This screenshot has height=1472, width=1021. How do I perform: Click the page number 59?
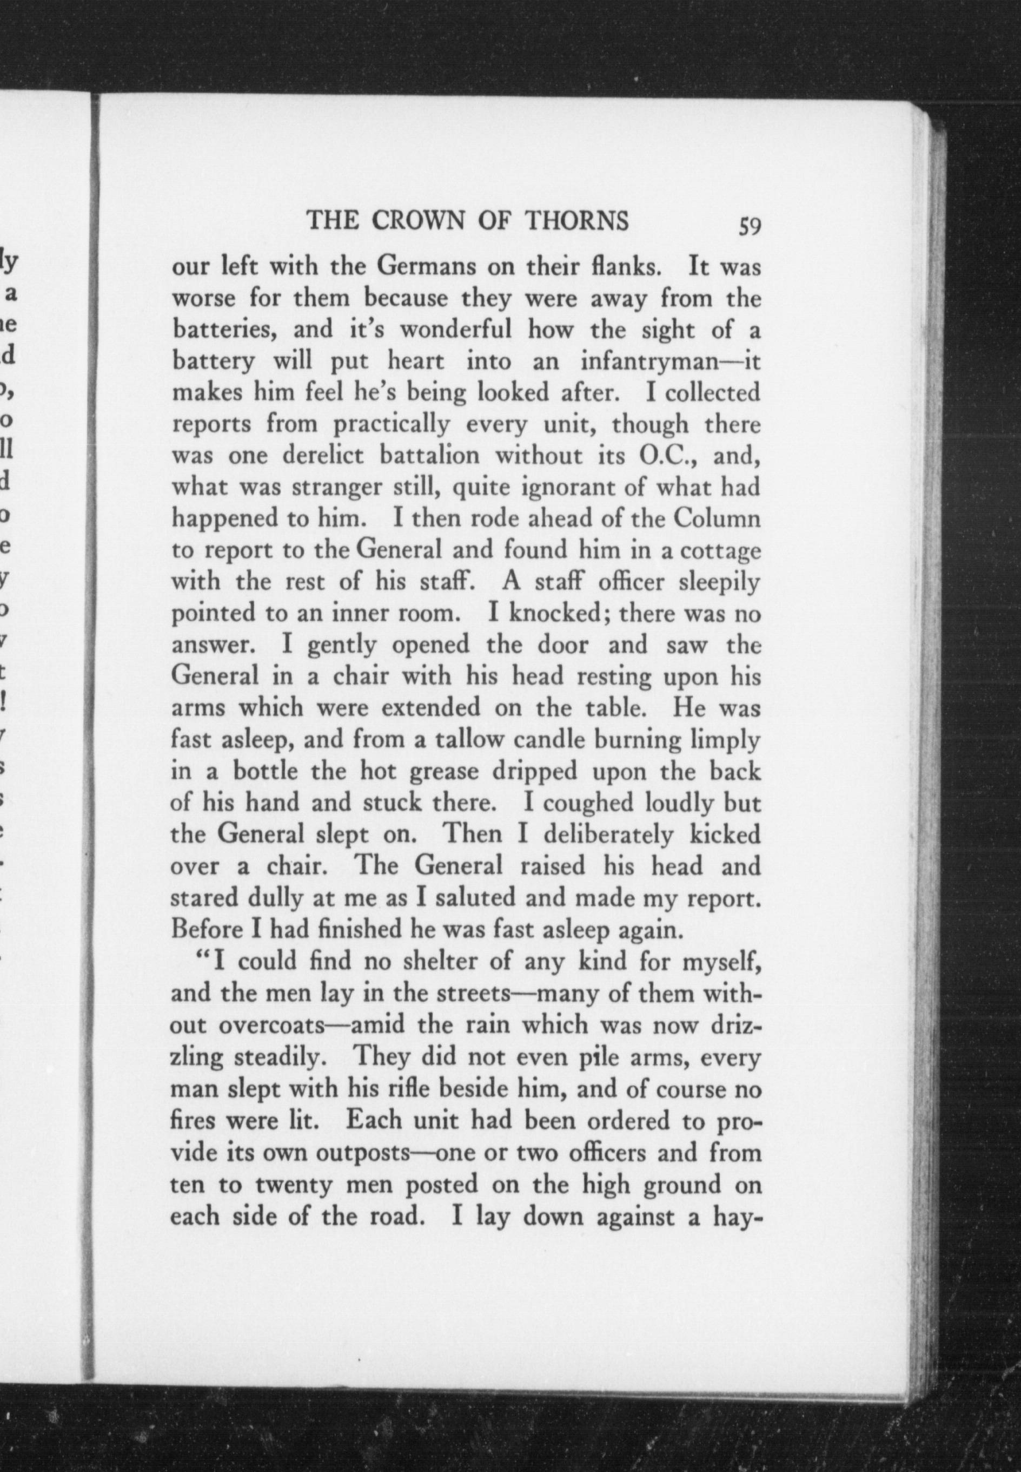750,226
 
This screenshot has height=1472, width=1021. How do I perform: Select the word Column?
717,518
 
